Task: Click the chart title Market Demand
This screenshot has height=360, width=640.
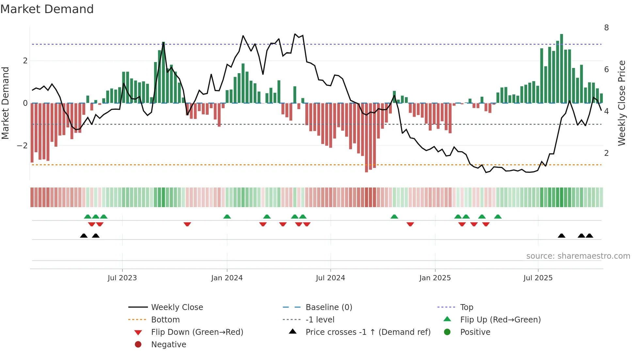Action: click(47, 9)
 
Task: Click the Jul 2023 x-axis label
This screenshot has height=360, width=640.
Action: click(122, 278)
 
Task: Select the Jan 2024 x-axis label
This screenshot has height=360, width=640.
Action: click(227, 278)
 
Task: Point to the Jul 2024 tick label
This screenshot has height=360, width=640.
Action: click(330, 278)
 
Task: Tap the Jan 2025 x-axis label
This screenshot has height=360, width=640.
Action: click(435, 278)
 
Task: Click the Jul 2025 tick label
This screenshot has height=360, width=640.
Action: click(538, 278)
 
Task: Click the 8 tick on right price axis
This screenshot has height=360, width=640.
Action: click(606, 28)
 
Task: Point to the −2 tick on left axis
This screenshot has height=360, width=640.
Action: click(22, 146)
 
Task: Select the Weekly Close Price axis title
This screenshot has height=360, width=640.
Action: click(622, 103)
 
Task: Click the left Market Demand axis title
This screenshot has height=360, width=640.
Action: click(6, 103)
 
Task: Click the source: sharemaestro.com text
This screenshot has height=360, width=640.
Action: click(578, 256)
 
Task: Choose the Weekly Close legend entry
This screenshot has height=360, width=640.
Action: click(177, 307)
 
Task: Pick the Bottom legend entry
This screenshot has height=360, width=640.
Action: click(165, 320)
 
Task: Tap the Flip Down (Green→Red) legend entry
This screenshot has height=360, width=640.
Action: click(197, 332)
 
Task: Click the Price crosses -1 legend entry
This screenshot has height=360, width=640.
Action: click(368, 332)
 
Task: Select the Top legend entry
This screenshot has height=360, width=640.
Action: click(467, 307)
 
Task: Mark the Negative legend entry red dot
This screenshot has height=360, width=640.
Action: click(138, 345)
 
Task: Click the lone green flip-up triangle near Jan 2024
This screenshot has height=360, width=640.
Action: click(227, 217)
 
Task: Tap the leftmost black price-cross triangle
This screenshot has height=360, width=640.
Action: click(84, 236)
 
